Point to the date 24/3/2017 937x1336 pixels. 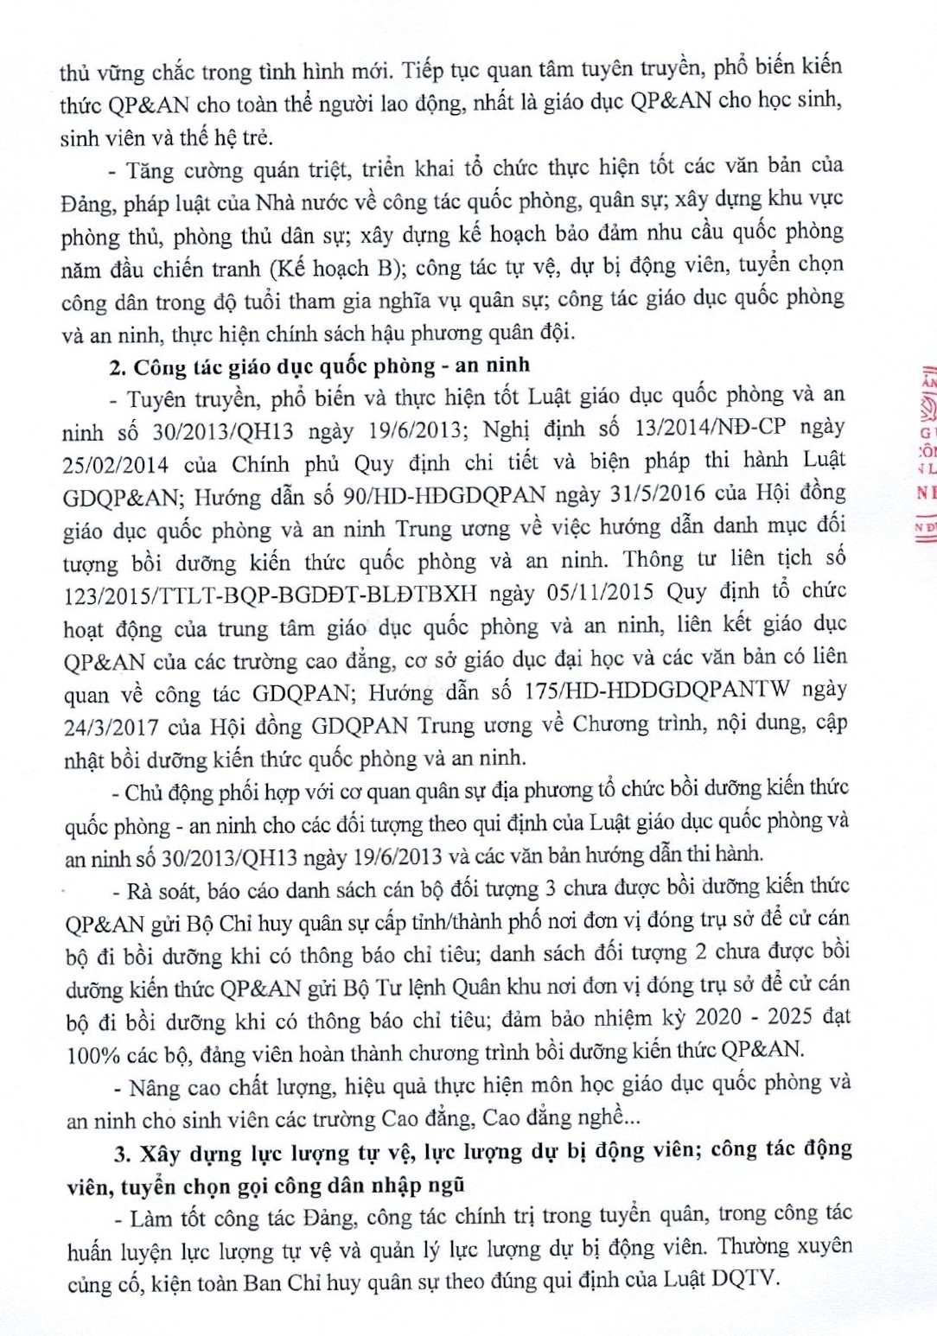(111, 726)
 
